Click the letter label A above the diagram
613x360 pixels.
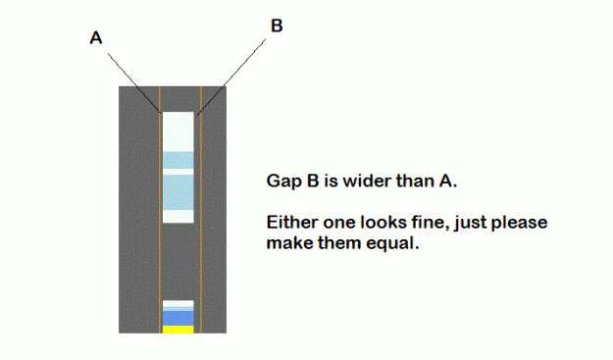click(96, 38)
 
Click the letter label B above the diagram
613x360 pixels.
click(277, 26)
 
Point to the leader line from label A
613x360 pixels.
click(134, 83)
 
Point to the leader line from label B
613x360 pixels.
click(231, 77)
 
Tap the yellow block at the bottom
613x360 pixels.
click(179, 330)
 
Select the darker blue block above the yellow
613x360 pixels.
click(179, 318)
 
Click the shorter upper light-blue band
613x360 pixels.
click(179, 160)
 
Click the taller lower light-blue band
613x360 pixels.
click(179, 192)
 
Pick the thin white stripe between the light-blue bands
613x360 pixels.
click(179, 172)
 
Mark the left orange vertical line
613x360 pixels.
click(160, 210)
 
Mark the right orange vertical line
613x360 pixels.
click(201, 210)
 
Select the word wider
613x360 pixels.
click(367, 180)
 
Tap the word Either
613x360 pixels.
click(292, 223)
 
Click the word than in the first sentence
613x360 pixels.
click(415, 180)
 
